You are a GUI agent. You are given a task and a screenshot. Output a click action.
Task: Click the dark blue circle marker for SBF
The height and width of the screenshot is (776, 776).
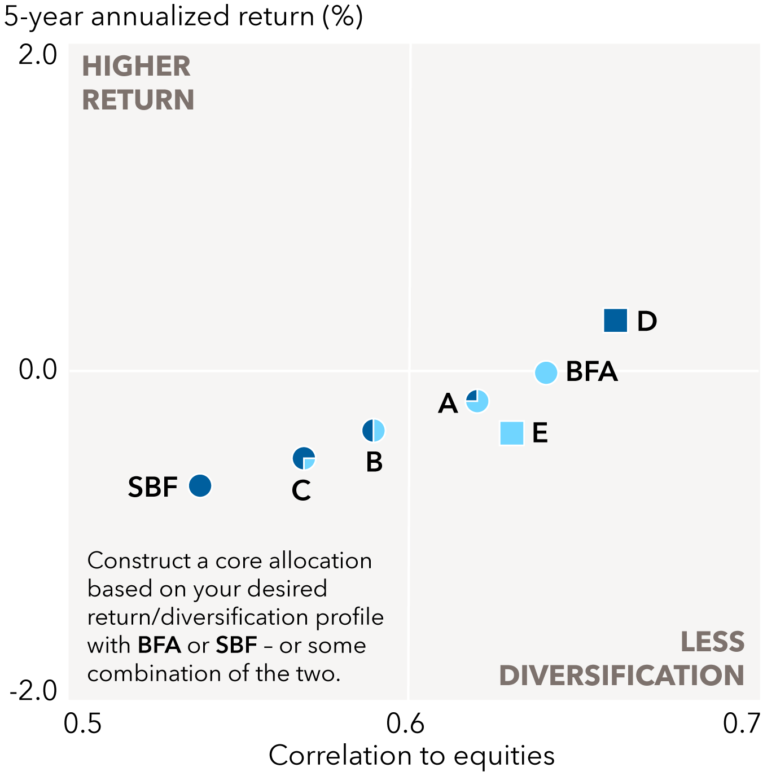[x=200, y=485]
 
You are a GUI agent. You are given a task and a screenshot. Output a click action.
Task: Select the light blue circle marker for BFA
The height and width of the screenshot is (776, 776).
[x=546, y=372]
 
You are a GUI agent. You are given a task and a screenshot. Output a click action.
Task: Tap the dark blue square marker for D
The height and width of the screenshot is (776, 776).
[x=615, y=321]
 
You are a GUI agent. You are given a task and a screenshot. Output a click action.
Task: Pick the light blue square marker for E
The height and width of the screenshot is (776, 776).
[x=512, y=433]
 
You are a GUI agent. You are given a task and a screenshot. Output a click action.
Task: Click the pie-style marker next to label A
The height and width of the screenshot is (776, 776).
[x=477, y=401]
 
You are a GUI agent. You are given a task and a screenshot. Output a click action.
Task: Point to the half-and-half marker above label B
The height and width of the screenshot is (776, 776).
[x=373, y=431]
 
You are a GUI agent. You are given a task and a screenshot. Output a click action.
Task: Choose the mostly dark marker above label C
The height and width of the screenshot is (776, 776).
[x=304, y=458]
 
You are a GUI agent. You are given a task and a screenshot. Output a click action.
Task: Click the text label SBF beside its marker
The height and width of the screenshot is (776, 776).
[x=153, y=487]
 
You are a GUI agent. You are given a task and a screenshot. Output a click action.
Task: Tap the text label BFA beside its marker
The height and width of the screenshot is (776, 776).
[x=591, y=372]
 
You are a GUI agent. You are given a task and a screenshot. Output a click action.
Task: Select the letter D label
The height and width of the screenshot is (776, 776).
[x=647, y=321]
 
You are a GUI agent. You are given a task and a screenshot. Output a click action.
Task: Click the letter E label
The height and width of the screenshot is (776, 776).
[x=540, y=433]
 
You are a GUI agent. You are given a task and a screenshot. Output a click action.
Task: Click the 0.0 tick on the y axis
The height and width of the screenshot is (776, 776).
[x=38, y=370]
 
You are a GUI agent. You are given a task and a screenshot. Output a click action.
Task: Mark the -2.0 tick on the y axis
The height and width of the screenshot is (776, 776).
[x=34, y=690]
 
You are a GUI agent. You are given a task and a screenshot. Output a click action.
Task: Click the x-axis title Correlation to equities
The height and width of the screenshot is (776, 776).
[x=411, y=756]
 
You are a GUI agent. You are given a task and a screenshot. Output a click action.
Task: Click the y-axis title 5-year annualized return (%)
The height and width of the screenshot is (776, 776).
[x=183, y=16]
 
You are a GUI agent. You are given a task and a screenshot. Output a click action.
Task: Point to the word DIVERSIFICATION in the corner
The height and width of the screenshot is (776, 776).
[x=621, y=676]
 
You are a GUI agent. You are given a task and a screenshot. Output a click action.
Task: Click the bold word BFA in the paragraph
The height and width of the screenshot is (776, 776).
[x=159, y=645]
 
